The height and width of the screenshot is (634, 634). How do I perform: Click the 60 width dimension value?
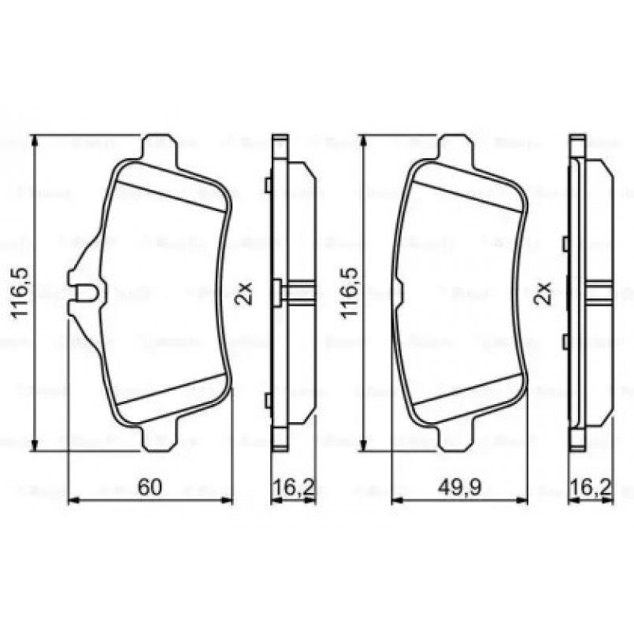149,488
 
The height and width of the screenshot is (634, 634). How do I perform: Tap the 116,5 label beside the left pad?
20,292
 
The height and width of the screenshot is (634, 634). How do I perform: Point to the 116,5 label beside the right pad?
347,292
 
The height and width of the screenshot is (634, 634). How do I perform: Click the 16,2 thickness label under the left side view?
293,488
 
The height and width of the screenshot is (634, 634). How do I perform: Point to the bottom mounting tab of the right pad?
455,438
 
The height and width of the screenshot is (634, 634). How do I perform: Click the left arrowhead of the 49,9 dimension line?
396,499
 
